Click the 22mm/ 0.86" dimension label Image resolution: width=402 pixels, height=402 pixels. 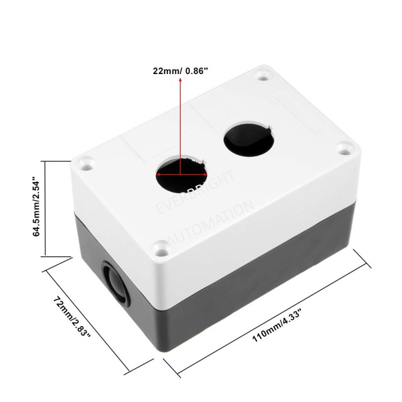pos(181,70)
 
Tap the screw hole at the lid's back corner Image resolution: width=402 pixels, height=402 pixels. pos(262,77)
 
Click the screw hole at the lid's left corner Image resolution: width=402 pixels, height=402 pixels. pos(85,165)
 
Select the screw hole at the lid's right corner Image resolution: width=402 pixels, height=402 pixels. pos(343,149)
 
